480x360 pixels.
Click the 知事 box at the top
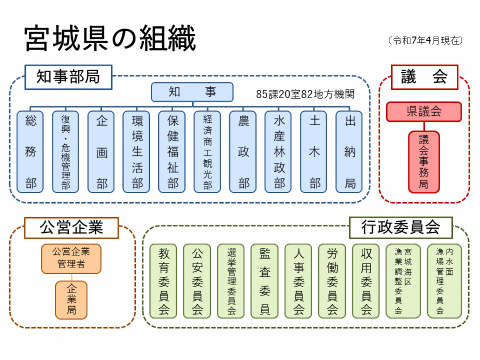click(x=192, y=92)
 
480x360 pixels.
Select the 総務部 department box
click(x=30, y=152)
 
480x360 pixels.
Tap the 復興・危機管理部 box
click(x=65, y=152)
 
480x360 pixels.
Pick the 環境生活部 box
click(x=136, y=152)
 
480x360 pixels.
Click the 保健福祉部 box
click(x=172, y=152)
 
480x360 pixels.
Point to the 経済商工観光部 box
click(x=208, y=152)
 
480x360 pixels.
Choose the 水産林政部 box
click(x=278, y=152)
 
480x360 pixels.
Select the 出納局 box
click(x=349, y=152)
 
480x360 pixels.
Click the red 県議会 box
click(x=424, y=112)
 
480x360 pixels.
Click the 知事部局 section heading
click(x=68, y=77)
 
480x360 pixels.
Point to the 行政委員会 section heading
click(x=401, y=227)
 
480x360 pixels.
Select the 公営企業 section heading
click(x=71, y=227)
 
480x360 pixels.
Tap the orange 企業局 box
click(x=71, y=300)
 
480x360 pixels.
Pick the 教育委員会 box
click(x=163, y=281)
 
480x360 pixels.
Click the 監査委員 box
click(x=265, y=281)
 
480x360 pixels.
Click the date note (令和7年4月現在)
click(x=425, y=40)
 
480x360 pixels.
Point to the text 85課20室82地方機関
click(x=305, y=94)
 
